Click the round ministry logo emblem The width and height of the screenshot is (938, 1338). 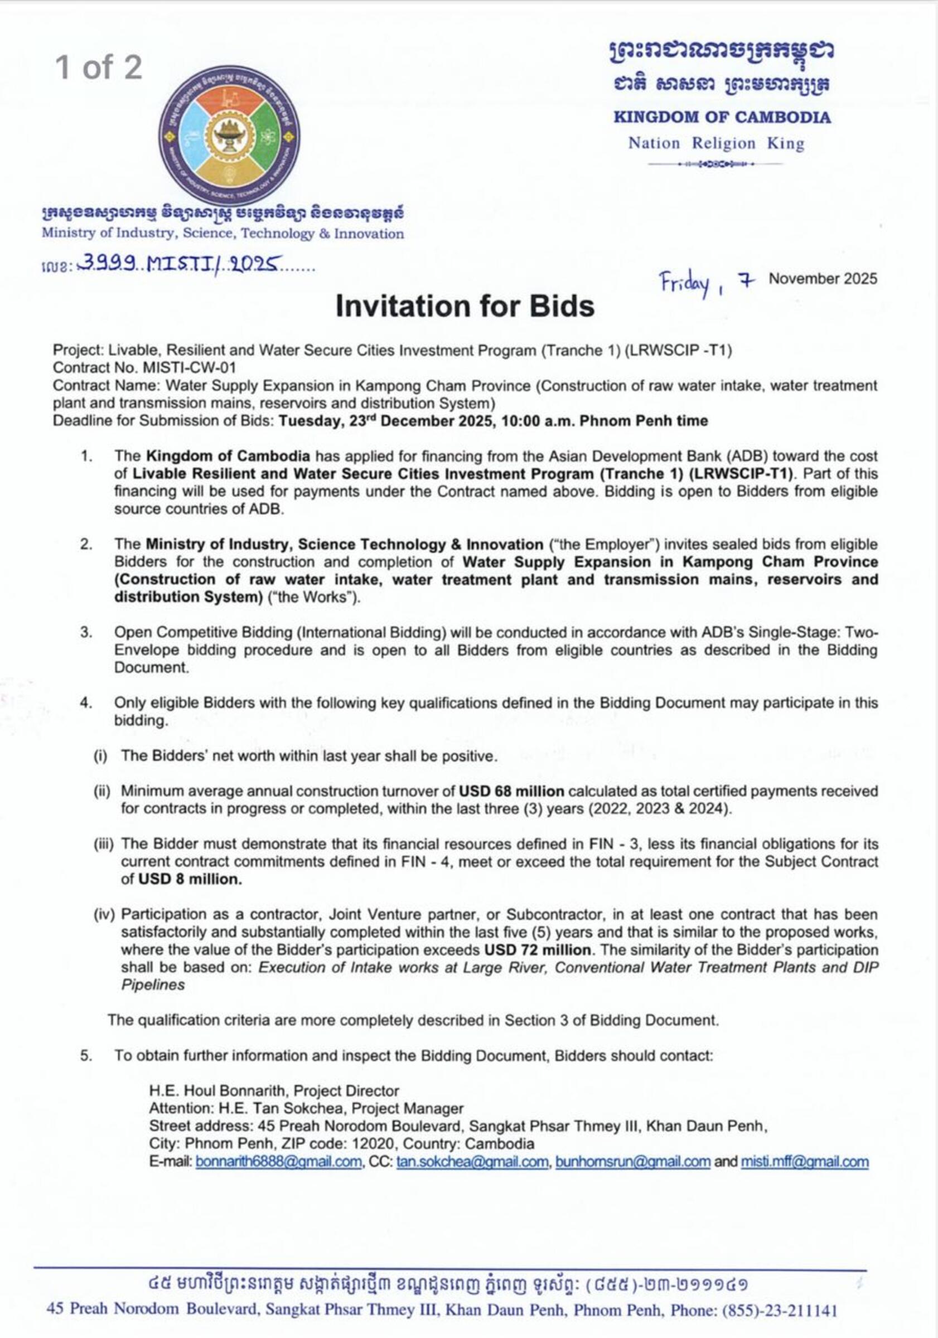click(x=229, y=137)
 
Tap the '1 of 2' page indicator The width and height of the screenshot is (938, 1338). click(x=99, y=67)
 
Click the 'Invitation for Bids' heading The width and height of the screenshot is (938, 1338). click(x=465, y=306)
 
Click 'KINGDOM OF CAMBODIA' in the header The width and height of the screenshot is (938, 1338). click(x=722, y=117)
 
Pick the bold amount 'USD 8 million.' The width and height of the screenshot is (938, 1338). click(x=190, y=879)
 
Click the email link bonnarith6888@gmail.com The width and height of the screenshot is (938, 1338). click(x=279, y=1161)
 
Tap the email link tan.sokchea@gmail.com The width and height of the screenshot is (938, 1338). click(x=472, y=1161)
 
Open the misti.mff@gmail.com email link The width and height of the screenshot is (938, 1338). click(x=804, y=1161)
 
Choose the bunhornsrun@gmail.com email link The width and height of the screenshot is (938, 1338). click(x=632, y=1161)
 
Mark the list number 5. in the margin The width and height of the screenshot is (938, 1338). click(x=86, y=1055)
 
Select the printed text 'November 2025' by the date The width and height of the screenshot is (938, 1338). click(x=823, y=279)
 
